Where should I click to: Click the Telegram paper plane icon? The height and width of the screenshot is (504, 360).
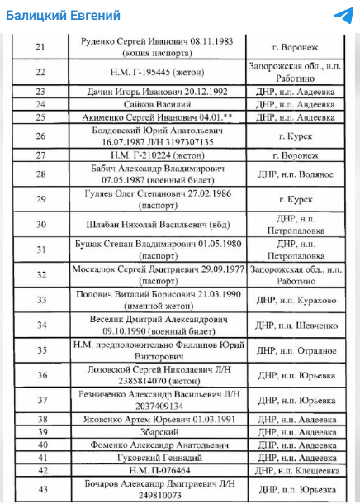[x=342, y=16]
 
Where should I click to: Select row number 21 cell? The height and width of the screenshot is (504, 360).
[x=40, y=46]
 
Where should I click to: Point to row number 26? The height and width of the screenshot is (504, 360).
[x=40, y=136]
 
